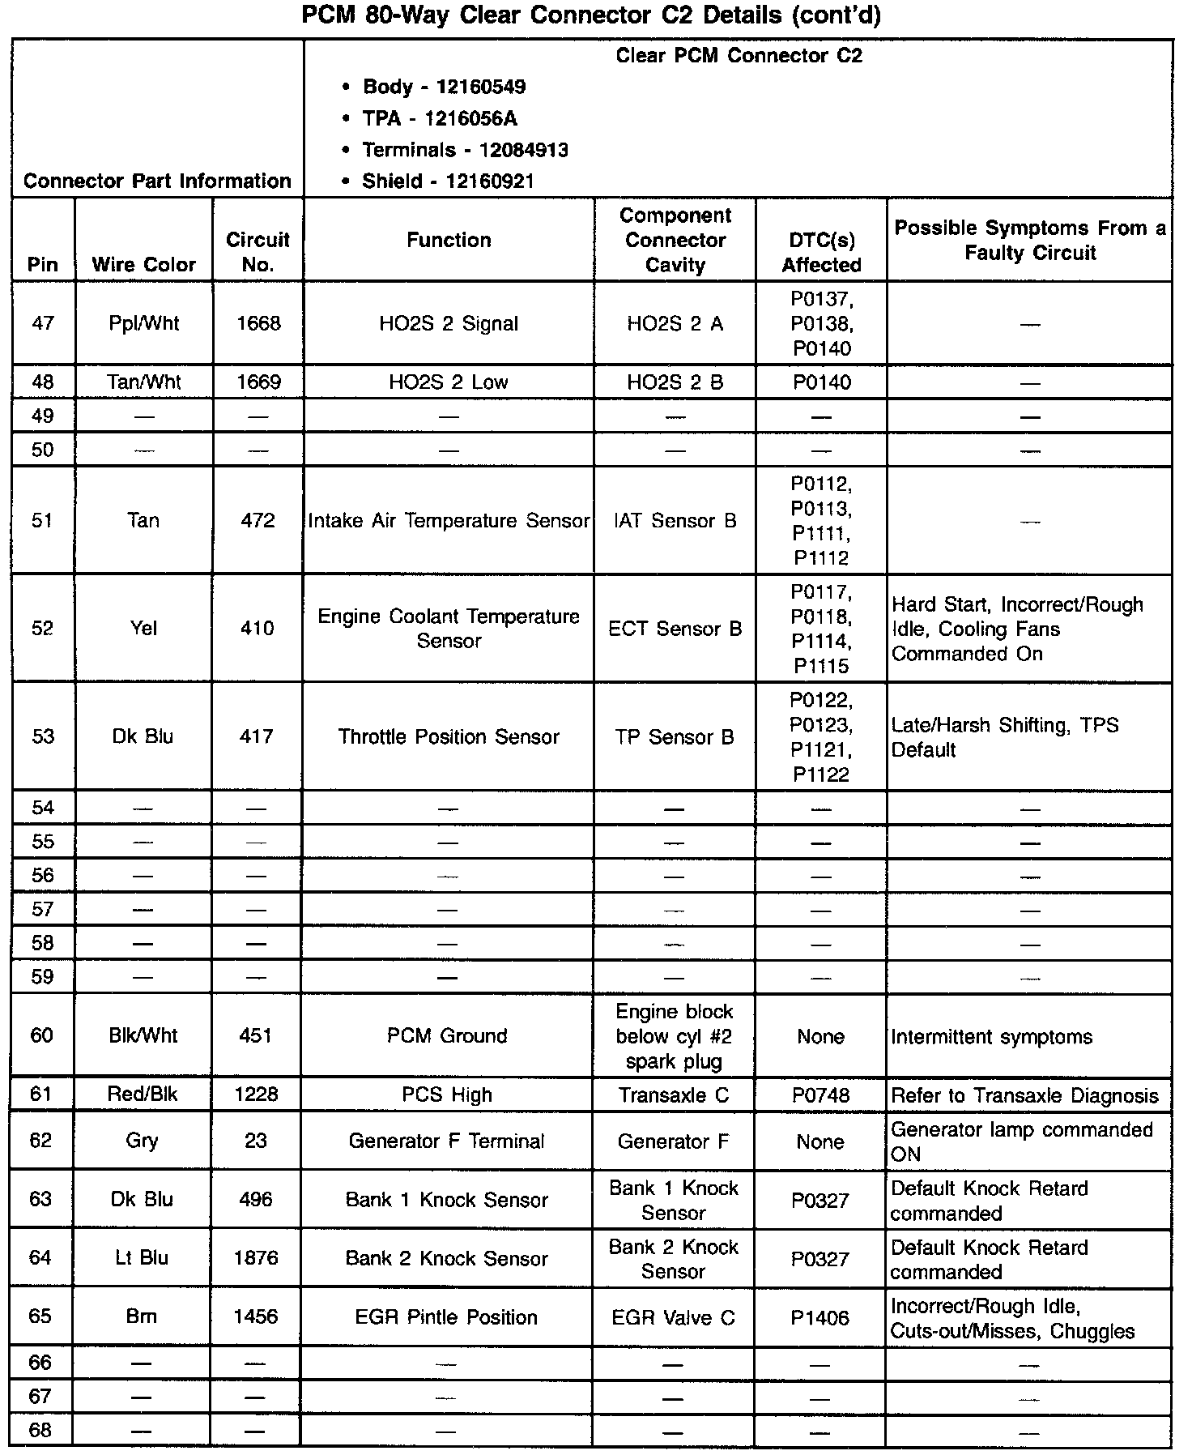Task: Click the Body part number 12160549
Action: point(481,87)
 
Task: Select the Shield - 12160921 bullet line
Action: point(448,181)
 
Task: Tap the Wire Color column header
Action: point(143,264)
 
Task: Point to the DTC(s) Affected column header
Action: point(821,252)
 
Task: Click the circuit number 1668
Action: point(258,323)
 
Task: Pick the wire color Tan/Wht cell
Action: point(143,382)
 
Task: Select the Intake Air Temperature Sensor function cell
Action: point(449,520)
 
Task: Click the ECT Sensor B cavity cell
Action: point(675,629)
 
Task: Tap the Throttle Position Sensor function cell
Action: point(449,736)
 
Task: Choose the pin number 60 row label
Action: point(41,1035)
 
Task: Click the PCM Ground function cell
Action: point(447,1035)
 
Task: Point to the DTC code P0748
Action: point(820,1095)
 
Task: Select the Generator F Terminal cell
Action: point(447,1141)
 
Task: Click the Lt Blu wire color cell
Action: point(142,1257)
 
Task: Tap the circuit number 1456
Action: point(256,1316)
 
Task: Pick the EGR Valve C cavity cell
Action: point(673,1317)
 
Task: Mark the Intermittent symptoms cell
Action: point(991,1036)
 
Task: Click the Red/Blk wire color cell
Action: point(142,1094)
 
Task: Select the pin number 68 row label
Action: point(40,1430)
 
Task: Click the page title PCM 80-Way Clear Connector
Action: point(496,15)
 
